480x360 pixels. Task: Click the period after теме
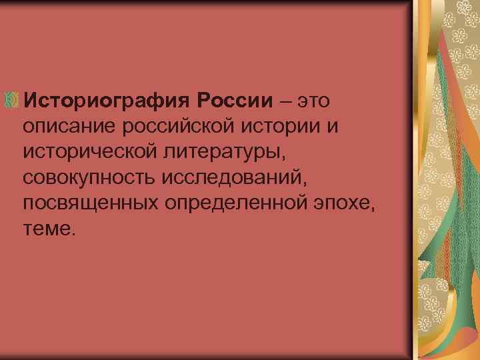(x=75, y=233)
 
